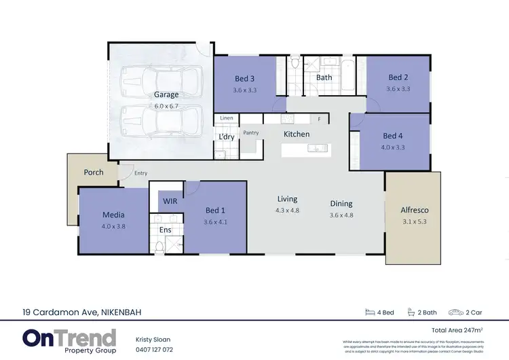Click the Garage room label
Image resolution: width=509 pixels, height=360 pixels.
(166, 94)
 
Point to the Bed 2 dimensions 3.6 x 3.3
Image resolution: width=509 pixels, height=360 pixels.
(398, 88)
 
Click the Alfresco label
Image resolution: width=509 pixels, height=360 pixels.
(415, 210)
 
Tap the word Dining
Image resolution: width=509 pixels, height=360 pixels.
(341, 203)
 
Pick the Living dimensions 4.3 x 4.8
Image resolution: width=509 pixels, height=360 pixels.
(288, 211)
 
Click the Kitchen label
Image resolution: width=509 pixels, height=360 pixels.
(297, 134)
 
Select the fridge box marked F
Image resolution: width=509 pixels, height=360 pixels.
(319, 119)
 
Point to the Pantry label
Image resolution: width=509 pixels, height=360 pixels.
(251, 132)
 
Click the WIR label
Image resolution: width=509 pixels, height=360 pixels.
(169, 201)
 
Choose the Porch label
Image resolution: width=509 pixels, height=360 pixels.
(94, 172)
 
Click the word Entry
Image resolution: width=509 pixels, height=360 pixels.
(140, 173)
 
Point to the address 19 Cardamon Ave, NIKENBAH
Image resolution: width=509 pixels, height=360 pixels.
(82, 312)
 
